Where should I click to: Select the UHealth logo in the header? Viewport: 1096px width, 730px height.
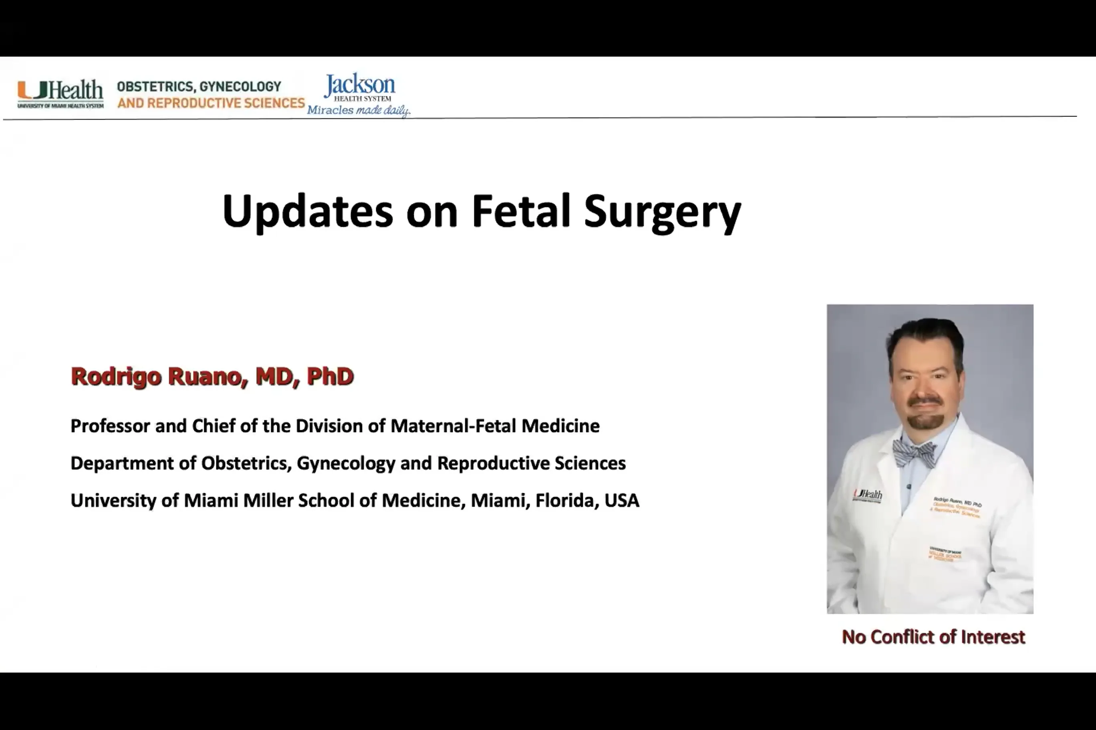tap(60, 93)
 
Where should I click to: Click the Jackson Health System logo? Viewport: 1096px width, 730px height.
tap(360, 87)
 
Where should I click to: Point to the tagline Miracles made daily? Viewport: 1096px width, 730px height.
tap(358, 110)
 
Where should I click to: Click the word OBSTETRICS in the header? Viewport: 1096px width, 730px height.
tap(155, 86)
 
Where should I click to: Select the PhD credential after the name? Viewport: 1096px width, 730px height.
tap(330, 376)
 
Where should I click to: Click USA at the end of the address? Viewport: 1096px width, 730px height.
tap(622, 501)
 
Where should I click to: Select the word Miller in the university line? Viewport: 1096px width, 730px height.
tap(268, 501)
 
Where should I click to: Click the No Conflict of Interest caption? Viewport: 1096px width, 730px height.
tap(933, 637)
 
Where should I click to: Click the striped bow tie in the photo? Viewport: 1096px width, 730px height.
tap(914, 453)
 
